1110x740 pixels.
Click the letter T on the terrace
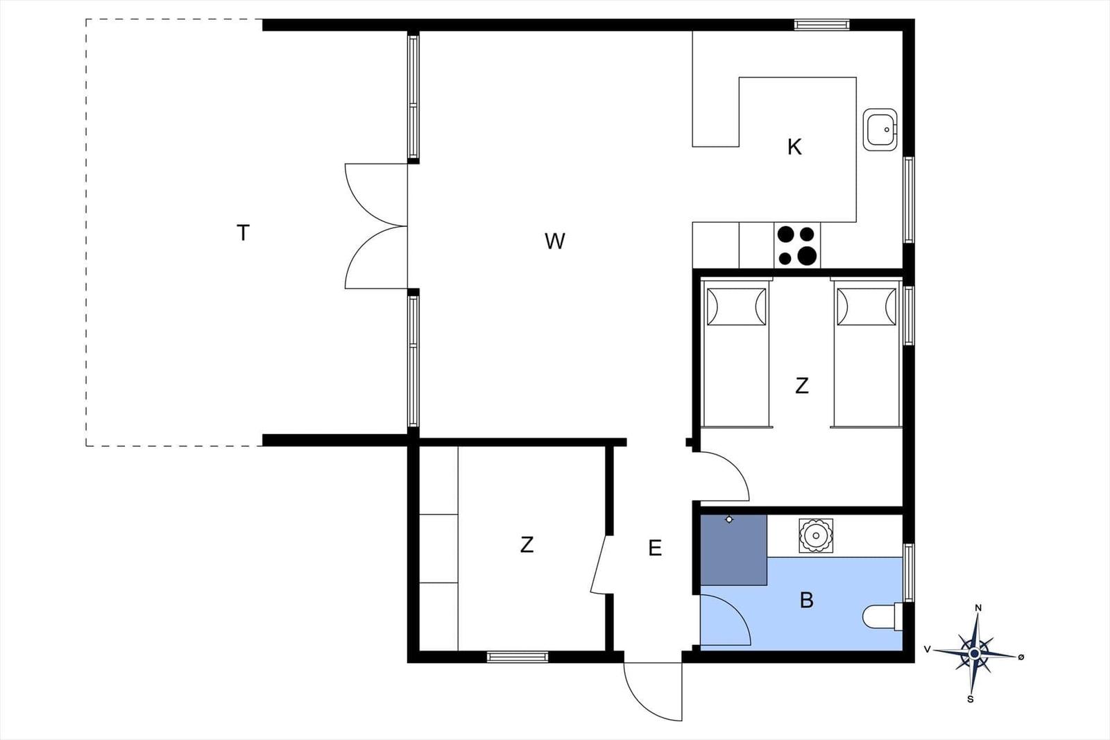(x=243, y=233)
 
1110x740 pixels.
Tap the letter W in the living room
(x=554, y=241)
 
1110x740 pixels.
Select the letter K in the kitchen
(x=794, y=147)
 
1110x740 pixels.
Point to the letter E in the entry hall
(x=655, y=549)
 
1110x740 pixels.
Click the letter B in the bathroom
(x=806, y=600)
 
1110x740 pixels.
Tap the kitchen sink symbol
(x=880, y=130)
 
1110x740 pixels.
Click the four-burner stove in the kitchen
(x=797, y=246)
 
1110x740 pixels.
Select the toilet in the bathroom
(x=882, y=616)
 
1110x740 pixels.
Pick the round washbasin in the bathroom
(x=814, y=535)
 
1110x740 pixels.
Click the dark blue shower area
(x=733, y=549)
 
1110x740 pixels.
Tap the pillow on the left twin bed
(x=736, y=306)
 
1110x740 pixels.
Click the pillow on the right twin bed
(x=866, y=306)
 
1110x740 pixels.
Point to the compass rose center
(x=974, y=653)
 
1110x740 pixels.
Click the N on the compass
(x=978, y=608)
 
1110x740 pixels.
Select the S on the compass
(x=970, y=699)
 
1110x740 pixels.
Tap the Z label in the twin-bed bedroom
(x=802, y=386)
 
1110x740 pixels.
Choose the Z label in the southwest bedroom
(x=527, y=545)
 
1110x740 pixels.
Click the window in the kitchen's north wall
(x=821, y=25)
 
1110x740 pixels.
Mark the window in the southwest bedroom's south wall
(x=518, y=657)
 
